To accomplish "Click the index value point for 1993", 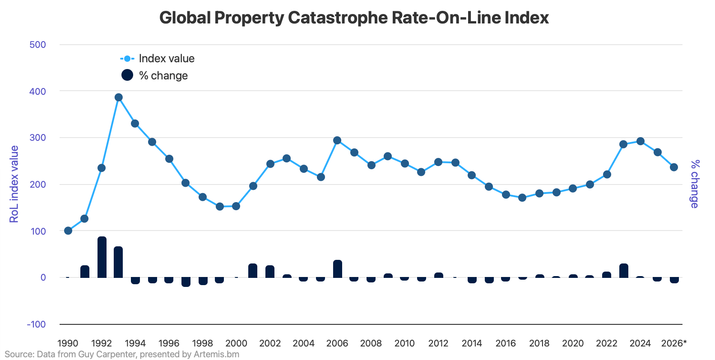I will tap(119, 97).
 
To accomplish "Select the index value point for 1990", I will tap(68, 231).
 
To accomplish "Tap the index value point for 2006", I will tap(337, 140).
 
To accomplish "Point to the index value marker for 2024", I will tap(640, 141).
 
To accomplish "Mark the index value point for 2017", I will tap(522, 198).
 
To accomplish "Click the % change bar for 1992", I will tap(102, 257).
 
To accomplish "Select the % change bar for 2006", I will tap(338, 269).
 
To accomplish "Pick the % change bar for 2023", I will tap(624, 271).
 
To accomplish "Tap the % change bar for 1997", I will tap(186, 282).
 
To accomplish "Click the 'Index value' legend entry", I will tap(158, 59).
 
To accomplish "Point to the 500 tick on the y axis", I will tap(38, 45).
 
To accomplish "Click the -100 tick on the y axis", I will tap(36, 324).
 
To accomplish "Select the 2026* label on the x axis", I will tap(673, 343).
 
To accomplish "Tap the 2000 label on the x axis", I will tap(236, 343).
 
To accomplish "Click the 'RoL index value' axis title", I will tap(14, 184).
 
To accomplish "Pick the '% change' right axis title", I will tap(695, 184).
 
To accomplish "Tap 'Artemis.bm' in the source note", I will tap(216, 354).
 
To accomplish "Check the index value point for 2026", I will tap(674, 167).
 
